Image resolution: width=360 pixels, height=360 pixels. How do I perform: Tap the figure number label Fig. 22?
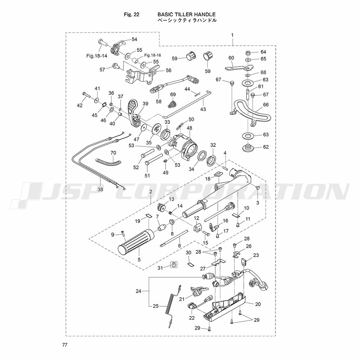tap(131, 14)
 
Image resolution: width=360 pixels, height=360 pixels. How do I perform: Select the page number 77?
tap(64, 345)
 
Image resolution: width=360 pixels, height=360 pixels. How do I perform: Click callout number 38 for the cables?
tap(100, 190)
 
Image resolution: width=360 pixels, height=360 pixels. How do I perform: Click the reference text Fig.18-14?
tap(97, 56)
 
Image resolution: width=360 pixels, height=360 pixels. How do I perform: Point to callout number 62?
tap(266, 147)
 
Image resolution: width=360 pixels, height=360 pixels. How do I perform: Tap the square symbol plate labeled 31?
tap(174, 265)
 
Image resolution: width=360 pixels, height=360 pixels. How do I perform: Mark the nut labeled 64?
tap(248, 53)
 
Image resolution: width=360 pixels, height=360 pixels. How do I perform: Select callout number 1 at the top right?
tap(233, 35)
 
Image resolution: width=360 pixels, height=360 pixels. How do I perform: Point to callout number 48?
tap(189, 128)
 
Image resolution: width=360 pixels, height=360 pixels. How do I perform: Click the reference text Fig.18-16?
tap(153, 55)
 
